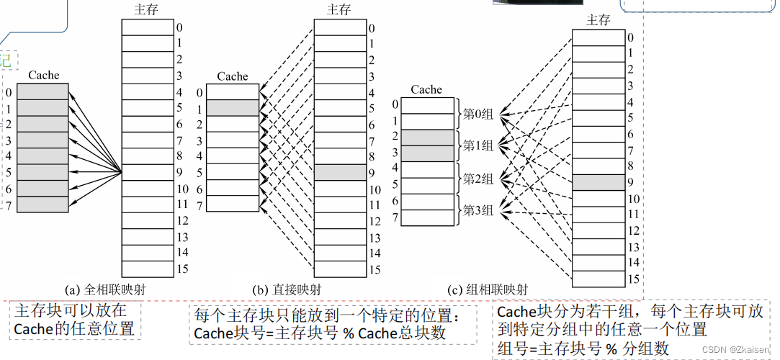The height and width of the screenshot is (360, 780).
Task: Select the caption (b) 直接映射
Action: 287,290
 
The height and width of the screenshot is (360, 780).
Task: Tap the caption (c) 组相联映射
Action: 488,290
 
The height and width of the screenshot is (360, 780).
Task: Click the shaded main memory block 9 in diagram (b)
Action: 341,172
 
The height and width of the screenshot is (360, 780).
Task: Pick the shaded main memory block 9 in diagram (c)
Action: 598,182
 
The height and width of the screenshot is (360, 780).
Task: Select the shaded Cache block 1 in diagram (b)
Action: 232,108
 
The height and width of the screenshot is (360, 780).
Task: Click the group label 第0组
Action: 478,114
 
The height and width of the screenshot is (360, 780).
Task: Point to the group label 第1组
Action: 478,147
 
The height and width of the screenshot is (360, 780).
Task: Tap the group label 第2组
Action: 478,179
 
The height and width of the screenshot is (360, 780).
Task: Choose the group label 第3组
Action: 478,210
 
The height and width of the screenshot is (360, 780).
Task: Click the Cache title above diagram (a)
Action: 43,75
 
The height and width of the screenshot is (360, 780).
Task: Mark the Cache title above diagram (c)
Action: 426,89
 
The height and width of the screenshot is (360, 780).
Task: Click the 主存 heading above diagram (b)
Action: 339,9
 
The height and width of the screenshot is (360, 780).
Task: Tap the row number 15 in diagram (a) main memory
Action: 183,269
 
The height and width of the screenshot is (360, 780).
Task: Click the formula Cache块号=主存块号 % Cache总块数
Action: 320,333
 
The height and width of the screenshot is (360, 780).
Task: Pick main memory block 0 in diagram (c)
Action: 598,37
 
